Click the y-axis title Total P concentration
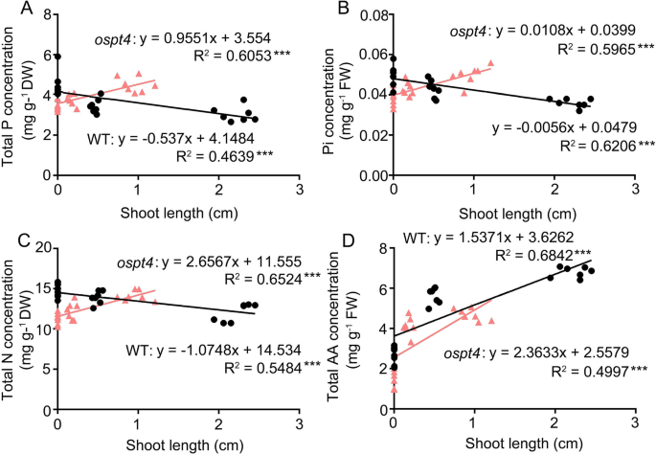point(11,96)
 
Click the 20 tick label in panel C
point(40,249)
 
